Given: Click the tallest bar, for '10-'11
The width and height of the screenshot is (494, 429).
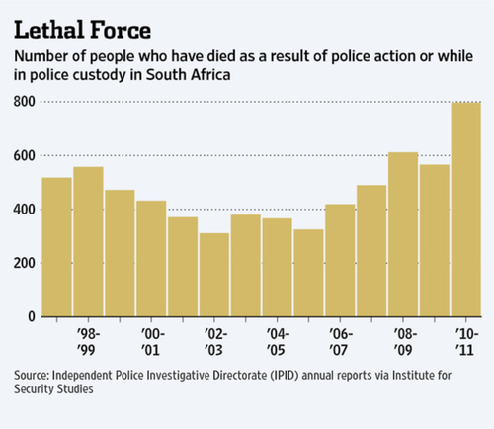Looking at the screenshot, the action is click(466, 210).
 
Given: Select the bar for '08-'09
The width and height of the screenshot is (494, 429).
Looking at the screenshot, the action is click(403, 234).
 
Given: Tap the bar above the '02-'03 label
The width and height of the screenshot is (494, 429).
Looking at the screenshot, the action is click(214, 275).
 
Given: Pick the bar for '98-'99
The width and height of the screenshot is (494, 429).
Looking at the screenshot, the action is click(88, 241).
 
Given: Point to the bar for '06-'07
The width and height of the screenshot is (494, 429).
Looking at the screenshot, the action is click(340, 260).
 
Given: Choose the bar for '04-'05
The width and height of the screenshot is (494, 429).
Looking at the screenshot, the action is click(278, 267).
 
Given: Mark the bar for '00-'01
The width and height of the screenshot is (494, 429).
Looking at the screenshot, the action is click(151, 259).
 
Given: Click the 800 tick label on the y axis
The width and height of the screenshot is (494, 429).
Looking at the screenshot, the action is click(24, 102).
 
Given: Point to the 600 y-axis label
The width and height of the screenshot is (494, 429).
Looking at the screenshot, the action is click(24, 155).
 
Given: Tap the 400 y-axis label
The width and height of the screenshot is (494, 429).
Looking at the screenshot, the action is click(24, 210).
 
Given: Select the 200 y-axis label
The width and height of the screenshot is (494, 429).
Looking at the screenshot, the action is click(24, 263).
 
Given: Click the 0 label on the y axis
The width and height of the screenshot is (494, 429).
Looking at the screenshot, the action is click(32, 316).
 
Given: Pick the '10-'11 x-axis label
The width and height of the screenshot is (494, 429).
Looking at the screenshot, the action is click(467, 342).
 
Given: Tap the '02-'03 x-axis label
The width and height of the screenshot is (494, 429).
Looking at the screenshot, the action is click(215, 342).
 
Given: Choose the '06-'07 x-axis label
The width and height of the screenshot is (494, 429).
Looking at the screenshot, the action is click(341, 342).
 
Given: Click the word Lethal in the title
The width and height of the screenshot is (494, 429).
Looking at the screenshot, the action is click(48, 30).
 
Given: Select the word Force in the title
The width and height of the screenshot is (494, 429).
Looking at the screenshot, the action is click(121, 30).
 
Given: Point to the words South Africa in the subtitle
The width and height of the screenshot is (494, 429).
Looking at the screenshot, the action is click(188, 75).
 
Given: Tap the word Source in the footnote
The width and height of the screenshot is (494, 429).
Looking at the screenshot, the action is click(32, 375).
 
